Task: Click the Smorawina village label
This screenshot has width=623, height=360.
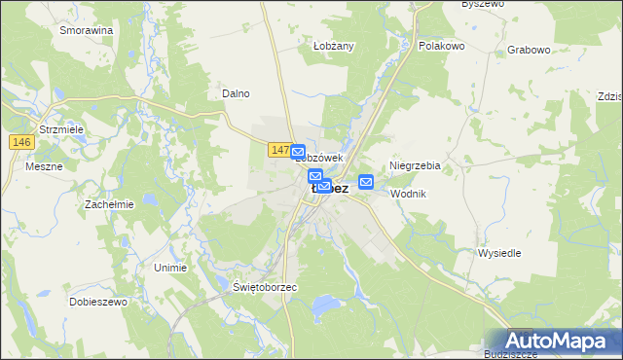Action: pyautogui.click(x=87, y=30)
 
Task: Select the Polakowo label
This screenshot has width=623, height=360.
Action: pyautogui.click(x=442, y=46)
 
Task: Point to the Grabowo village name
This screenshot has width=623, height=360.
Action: pyautogui.click(x=530, y=49)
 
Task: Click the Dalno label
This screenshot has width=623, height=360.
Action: pyautogui.click(x=237, y=93)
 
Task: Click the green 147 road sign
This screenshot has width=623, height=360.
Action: pyautogui.click(x=278, y=150)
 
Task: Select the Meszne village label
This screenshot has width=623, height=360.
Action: pyautogui.click(x=44, y=166)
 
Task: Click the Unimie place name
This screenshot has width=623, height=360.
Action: pyautogui.click(x=170, y=267)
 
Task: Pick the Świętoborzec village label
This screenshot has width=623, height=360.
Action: pyautogui.click(x=265, y=288)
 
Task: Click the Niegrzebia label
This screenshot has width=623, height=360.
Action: pyautogui.click(x=415, y=166)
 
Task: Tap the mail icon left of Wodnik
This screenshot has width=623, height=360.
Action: pyautogui.click(x=366, y=182)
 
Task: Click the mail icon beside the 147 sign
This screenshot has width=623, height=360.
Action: pyautogui.click(x=299, y=152)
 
